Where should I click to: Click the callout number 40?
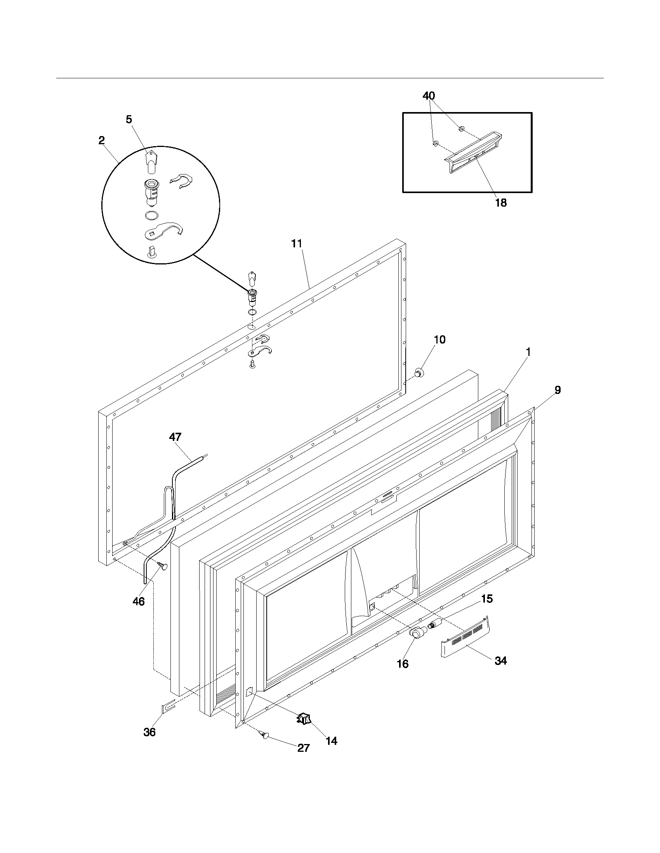coord(429,96)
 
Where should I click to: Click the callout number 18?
coord(501,203)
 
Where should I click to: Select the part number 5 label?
coord(129,119)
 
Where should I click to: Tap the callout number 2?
coord(102,141)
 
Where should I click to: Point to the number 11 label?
coord(297,244)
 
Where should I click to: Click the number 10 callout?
coord(439,340)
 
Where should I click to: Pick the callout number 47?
coord(175,437)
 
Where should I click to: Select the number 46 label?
coord(139,602)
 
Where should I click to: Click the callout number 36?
coord(149,732)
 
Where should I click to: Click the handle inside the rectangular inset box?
coord(473,153)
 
